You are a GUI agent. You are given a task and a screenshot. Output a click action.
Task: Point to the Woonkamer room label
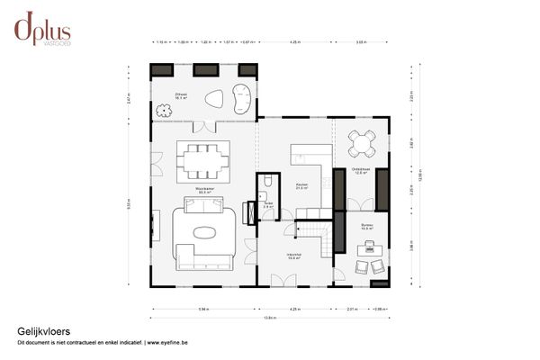point(205,191)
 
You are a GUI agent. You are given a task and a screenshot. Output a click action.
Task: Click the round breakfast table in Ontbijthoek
point(362,143)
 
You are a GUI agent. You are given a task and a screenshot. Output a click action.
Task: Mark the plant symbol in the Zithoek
point(163,111)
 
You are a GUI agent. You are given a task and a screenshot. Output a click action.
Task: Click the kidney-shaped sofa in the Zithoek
point(241,96)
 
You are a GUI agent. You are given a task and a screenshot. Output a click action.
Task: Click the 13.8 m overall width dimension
point(269,318)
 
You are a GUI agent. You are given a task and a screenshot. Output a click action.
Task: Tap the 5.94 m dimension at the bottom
point(204,309)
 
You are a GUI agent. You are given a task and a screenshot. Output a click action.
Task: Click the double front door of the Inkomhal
point(283,281)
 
